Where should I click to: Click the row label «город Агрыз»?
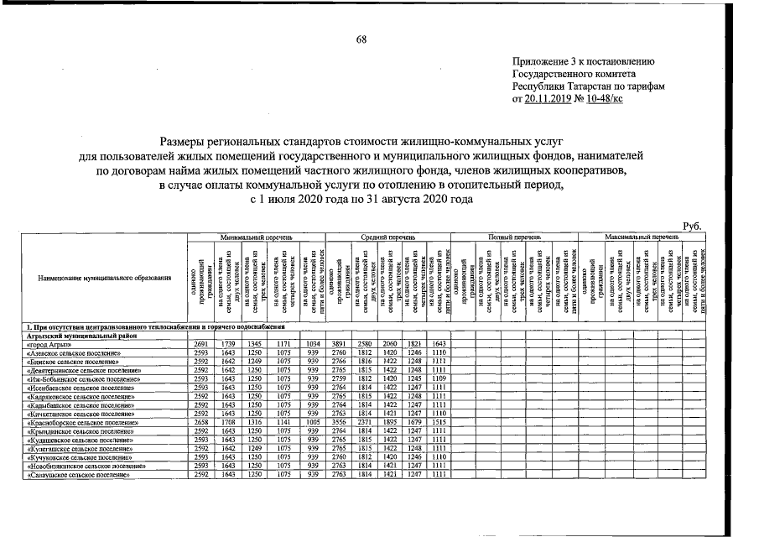[x=71, y=344]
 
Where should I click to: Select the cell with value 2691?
[x=200, y=344]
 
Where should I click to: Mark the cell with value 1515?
[x=438, y=423]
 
